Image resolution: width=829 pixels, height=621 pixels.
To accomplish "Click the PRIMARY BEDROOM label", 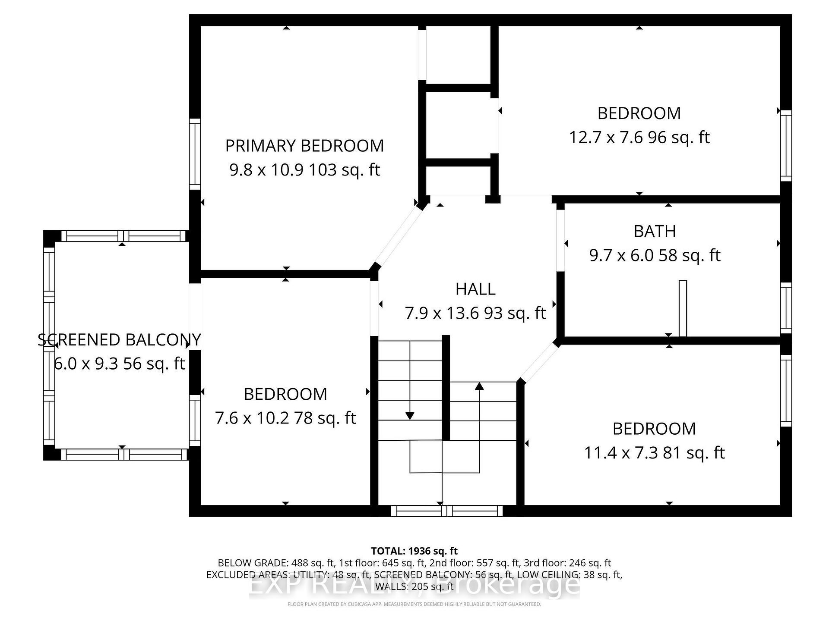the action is pyautogui.click(x=304, y=146).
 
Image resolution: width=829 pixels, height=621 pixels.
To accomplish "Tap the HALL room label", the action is pyautogui.click(x=475, y=289).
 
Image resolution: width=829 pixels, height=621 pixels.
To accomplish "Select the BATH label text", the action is pyautogui.click(x=655, y=231).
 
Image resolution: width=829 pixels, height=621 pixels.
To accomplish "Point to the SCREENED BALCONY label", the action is pyautogui.click(x=119, y=340).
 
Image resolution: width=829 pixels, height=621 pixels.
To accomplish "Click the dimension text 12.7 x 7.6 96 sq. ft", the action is pyautogui.click(x=639, y=138).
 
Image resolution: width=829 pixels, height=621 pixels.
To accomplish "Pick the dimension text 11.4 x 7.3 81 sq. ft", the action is pyautogui.click(x=654, y=453).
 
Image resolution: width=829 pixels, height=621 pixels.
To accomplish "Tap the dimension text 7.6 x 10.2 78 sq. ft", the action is pyautogui.click(x=285, y=418).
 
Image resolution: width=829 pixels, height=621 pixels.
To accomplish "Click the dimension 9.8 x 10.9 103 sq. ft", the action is pyautogui.click(x=304, y=170).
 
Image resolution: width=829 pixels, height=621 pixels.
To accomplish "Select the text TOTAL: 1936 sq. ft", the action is pyautogui.click(x=414, y=551).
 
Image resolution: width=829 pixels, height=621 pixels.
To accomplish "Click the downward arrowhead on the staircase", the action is pyautogui.click(x=410, y=416).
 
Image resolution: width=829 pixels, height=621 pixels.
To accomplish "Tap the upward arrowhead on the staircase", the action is pyautogui.click(x=479, y=386).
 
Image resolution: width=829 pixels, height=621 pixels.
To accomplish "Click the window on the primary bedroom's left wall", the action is pyautogui.click(x=195, y=154).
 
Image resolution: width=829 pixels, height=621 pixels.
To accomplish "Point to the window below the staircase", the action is pyautogui.click(x=447, y=511).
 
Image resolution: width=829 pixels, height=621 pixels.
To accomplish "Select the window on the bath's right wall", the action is pyautogui.click(x=786, y=308).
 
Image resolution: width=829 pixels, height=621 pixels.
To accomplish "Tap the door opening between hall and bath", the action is pyautogui.click(x=560, y=241).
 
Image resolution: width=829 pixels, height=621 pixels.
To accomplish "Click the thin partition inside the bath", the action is pyautogui.click(x=683, y=308).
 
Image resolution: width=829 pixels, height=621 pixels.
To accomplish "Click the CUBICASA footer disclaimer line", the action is pyautogui.click(x=414, y=604).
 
